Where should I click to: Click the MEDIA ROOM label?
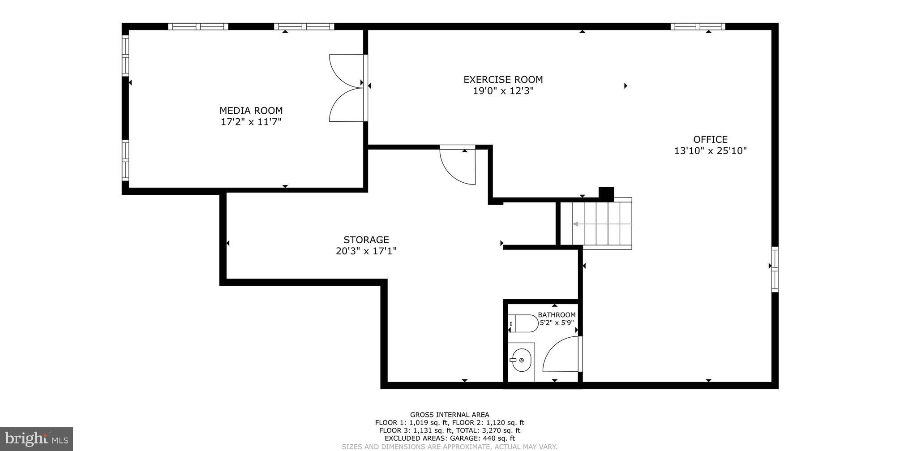pyautogui.click(x=251, y=111)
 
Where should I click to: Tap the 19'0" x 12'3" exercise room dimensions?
pyautogui.click(x=503, y=91)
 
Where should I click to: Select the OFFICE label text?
pyautogui.click(x=710, y=139)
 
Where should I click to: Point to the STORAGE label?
pyautogui.click(x=366, y=240)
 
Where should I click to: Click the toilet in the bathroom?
pyautogui.click(x=524, y=323)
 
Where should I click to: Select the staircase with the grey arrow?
pyautogui.click(x=601, y=223)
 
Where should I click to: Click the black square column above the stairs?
pyautogui.click(x=606, y=193)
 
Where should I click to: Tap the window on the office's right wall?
pyautogui.click(x=775, y=269)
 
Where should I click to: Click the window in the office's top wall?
pyautogui.click(x=697, y=26)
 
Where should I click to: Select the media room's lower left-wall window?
pyautogui.click(x=125, y=160)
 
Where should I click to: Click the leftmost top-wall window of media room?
pyautogui.click(x=198, y=26)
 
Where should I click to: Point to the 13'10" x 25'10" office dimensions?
pyautogui.click(x=710, y=151)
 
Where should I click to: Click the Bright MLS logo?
pyautogui.click(x=36, y=438)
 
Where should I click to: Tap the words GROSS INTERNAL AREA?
pyautogui.click(x=449, y=415)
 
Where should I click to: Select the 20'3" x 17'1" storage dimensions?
pyautogui.click(x=366, y=251)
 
